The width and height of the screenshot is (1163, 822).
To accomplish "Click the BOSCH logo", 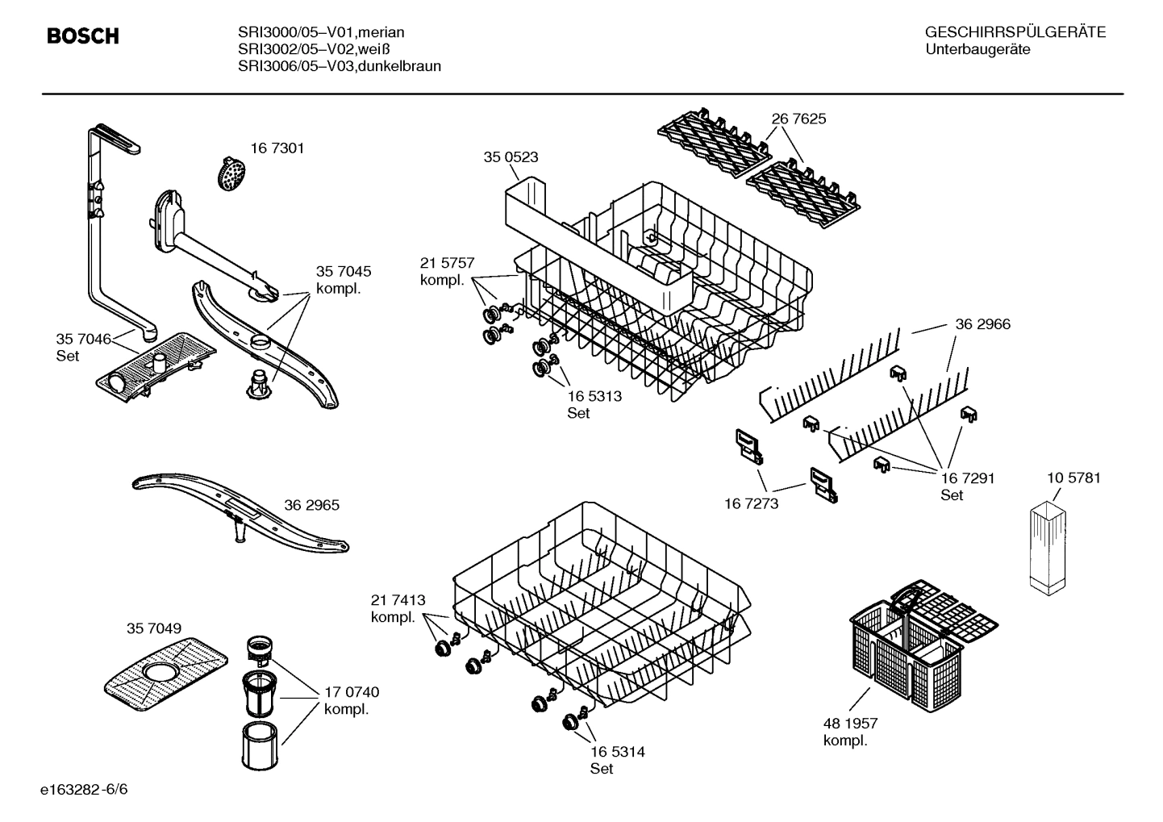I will (x=83, y=36).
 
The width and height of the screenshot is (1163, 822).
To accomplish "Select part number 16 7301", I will (x=277, y=148).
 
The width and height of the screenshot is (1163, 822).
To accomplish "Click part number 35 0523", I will (x=511, y=157).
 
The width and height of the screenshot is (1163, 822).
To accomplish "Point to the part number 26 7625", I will (x=798, y=119).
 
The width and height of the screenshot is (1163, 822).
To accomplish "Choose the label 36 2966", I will (x=982, y=324).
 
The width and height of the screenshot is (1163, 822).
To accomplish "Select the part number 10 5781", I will (x=1073, y=478).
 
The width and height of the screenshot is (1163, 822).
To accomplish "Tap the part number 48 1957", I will (x=850, y=724).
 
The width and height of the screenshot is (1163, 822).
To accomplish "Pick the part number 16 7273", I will (x=751, y=503).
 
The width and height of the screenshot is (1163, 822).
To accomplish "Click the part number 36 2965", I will (x=311, y=506).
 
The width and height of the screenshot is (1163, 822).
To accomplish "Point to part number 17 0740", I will (x=352, y=692).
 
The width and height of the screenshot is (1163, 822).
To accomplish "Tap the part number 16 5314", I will (x=617, y=752).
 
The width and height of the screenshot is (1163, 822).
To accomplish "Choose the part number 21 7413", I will (x=398, y=600).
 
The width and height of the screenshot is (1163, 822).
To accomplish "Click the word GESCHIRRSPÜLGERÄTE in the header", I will (x=1015, y=32).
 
